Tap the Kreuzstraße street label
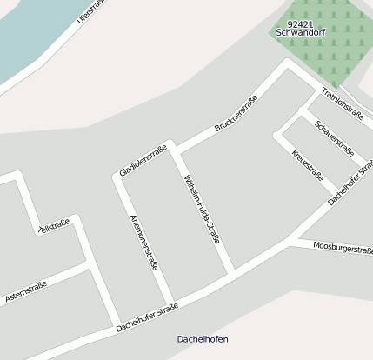point(308,163)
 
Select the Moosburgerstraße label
point(343,249)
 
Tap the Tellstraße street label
point(54,227)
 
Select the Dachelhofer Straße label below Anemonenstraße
point(147,318)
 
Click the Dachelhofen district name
point(202,339)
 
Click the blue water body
point(26,35)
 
